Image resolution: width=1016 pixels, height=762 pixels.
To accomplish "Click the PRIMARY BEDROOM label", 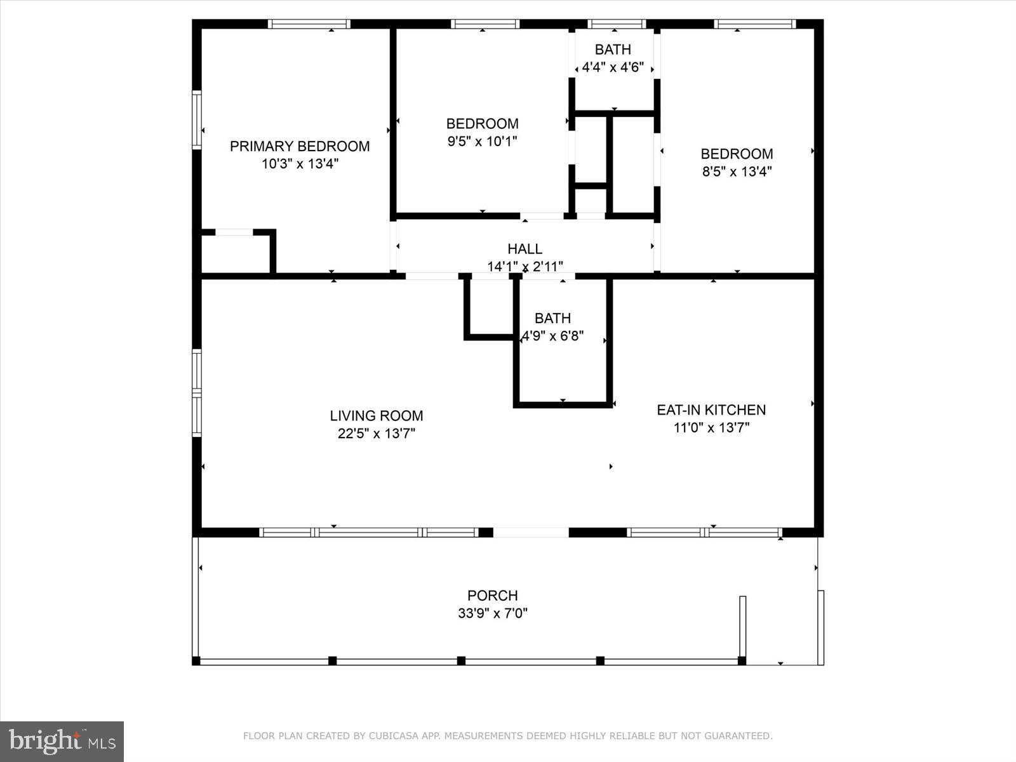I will pyautogui.click(x=300, y=146).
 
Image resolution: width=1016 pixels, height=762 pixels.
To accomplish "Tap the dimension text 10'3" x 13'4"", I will pyautogui.click(x=300, y=164).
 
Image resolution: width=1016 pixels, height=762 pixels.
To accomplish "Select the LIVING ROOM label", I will pyautogui.click(x=377, y=416).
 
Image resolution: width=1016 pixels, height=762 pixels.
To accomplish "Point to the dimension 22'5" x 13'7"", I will pyautogui.click(x=377, y=434).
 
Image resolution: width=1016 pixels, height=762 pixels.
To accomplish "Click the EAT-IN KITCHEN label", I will pyautogui.click(x=711, y=410).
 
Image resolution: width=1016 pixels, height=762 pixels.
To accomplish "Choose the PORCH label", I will pyautogui.click(x=493, y=596).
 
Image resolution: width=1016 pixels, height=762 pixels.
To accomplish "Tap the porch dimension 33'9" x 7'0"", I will pyautogui.click(x=493, y=613).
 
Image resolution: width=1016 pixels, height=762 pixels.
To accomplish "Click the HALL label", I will pyautogui.click(x=525, y=249).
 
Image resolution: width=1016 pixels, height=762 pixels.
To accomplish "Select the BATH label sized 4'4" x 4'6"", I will pyautogui.click(x=613, y=50).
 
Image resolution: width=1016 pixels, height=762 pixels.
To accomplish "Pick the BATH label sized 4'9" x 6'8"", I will pyautogui.click(x=552, y=318).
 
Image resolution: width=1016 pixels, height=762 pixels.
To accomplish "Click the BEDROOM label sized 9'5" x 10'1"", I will pyautogui.click(x=483, y=124).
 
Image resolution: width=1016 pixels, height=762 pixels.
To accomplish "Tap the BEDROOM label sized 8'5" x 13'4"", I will pyautogui.click(x=737, y=154).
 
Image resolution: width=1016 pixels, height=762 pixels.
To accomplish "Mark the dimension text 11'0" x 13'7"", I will pyautogui.click(x=711, y=427).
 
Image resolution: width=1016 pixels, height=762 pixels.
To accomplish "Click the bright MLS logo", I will pyautogui.click(x=62, y=741).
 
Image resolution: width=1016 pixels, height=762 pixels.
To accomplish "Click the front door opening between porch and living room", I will pyautogui.click(x=531, y=532).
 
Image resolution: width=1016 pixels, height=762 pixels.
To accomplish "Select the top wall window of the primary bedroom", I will pyautogui.click(x=309, y=24).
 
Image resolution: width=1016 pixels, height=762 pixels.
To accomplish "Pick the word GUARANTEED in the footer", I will pyautogui.click(x=740, y=736).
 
